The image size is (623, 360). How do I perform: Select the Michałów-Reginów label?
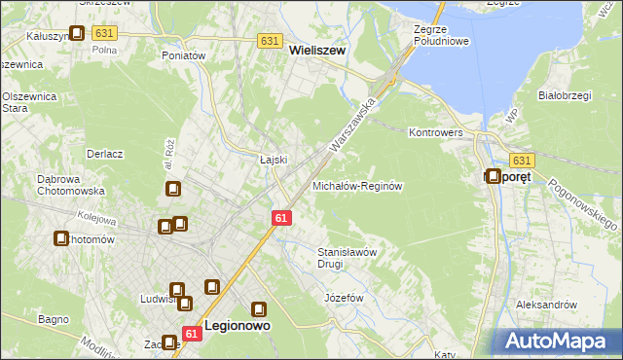click(356, 185)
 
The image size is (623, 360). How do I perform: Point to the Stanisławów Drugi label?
click(348, 257)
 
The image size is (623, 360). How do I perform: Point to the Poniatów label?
click(184, 56)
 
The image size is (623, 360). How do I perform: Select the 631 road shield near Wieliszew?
click(271, 41)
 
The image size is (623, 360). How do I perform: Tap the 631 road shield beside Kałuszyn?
click(105, 33)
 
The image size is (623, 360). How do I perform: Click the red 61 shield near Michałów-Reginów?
click(281, 219)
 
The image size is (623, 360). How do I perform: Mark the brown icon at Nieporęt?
click(494, 177)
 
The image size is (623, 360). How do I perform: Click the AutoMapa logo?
click(558, 341)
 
